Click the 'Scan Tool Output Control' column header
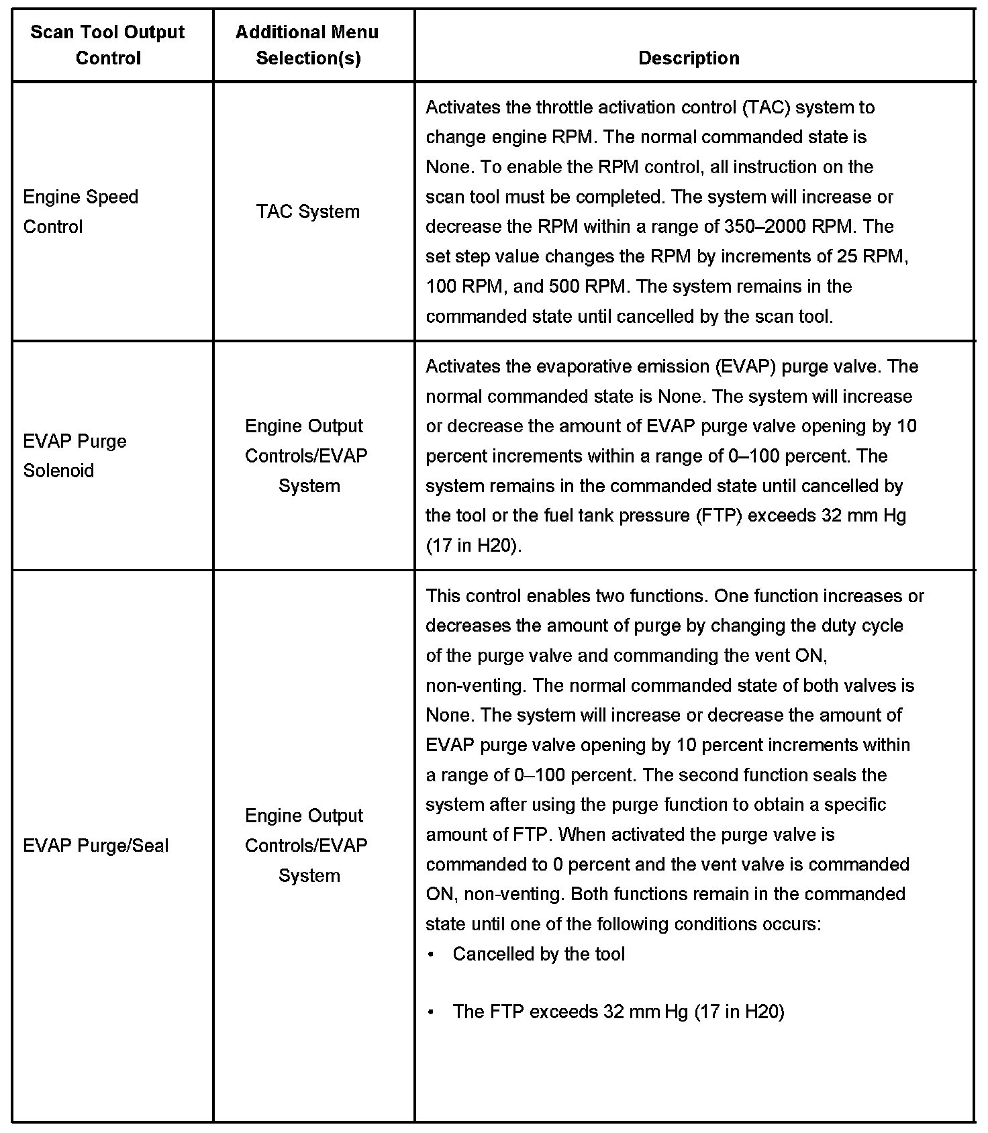coord(107,45)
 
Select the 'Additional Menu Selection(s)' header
coord(307,45)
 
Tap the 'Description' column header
coord(689,58)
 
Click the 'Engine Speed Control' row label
coord(81,211)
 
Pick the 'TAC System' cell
coord(308,212)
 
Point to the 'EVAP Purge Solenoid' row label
coord(75,456)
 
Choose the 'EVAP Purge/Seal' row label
coord(96,845)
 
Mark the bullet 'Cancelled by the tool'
coord(538,954)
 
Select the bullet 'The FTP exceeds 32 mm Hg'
coord(618,1012)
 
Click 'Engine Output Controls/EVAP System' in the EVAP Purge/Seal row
coord(306,845)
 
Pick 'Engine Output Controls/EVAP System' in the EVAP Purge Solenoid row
coord(306,456)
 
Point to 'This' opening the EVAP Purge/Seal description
coord(443,596)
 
